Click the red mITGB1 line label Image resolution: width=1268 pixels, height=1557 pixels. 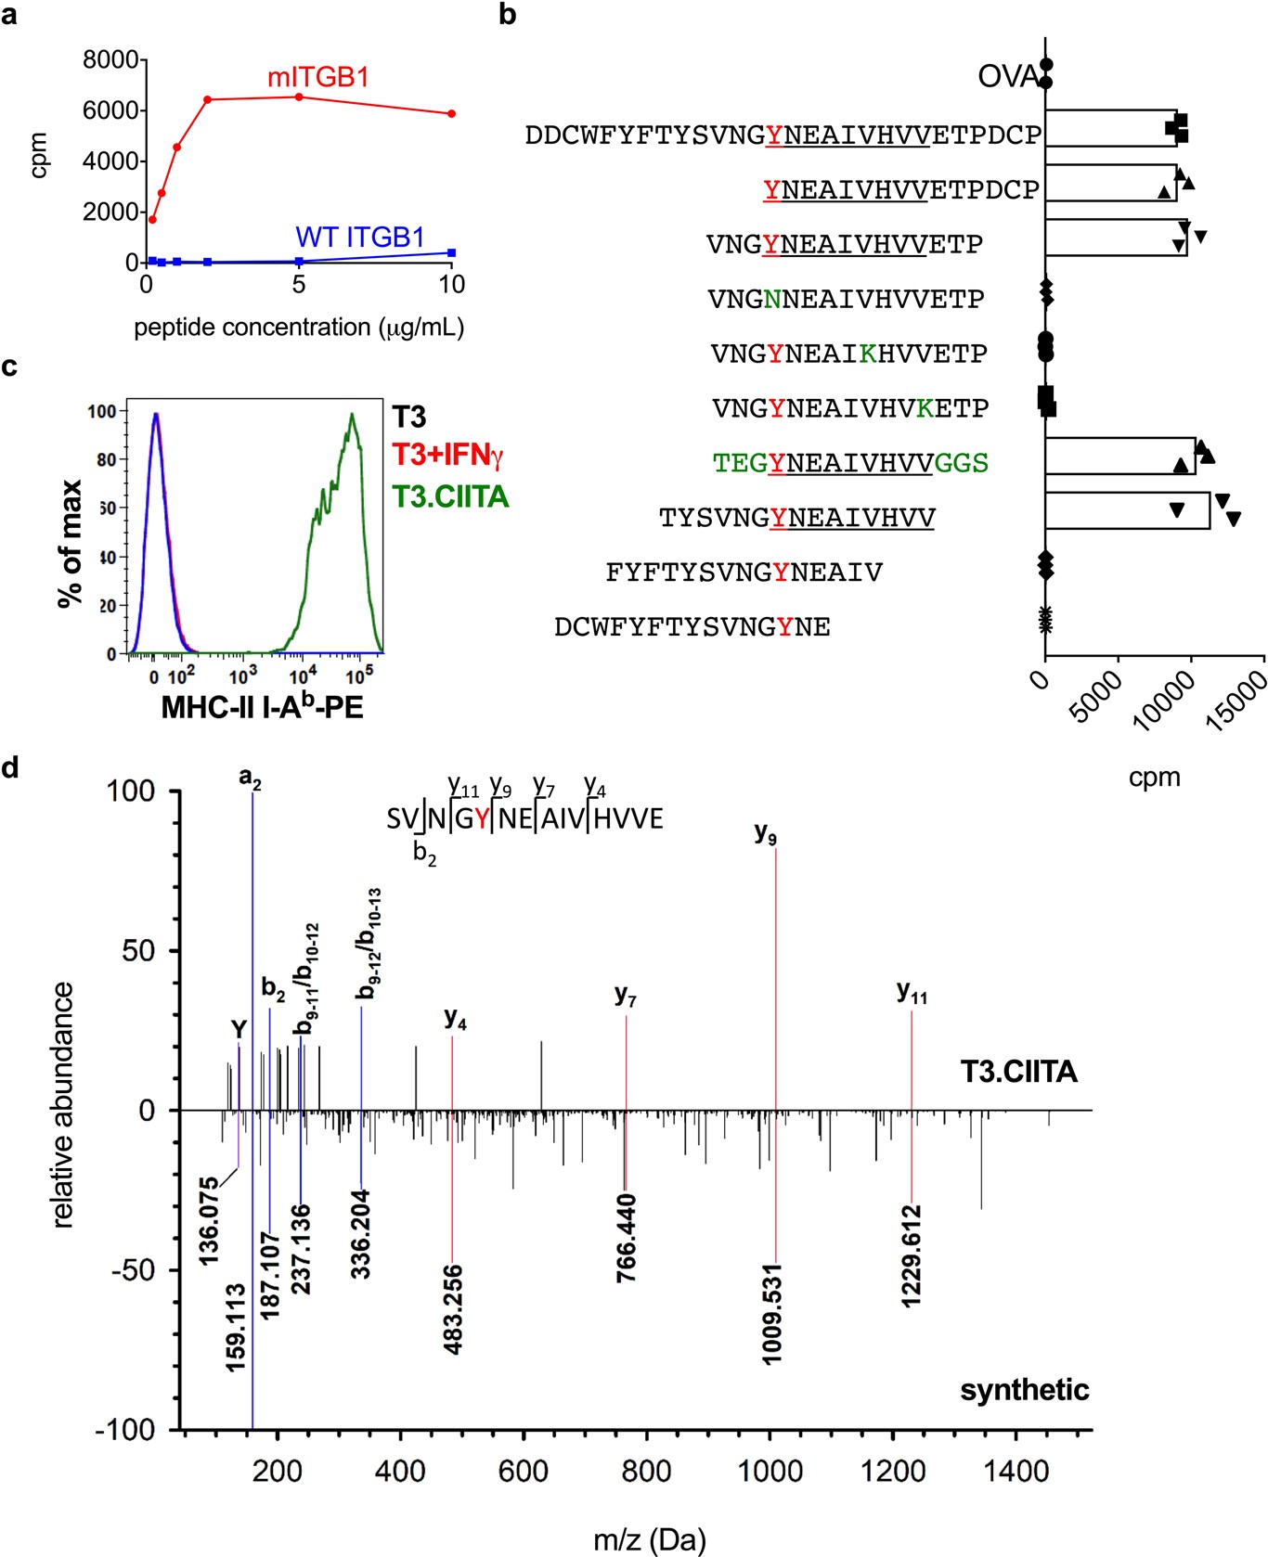317,78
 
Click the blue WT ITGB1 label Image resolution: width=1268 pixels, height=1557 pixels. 359,238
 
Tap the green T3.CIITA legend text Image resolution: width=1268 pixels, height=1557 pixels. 450,496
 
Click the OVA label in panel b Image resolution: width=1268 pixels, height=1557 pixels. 1006,77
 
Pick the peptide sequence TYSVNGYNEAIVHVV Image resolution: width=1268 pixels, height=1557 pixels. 796,518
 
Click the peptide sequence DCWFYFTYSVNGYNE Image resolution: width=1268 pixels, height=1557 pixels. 692,627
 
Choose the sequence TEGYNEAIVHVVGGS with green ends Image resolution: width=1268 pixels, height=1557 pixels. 850,463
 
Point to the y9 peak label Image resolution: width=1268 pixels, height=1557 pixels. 765,834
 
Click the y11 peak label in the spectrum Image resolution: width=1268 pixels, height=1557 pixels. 911,992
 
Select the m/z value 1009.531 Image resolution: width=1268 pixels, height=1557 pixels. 772,1314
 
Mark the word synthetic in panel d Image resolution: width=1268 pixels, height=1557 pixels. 1024,1390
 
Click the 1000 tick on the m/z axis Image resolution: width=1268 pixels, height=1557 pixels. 769,1472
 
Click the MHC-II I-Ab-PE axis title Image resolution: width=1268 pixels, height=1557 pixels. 262,707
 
